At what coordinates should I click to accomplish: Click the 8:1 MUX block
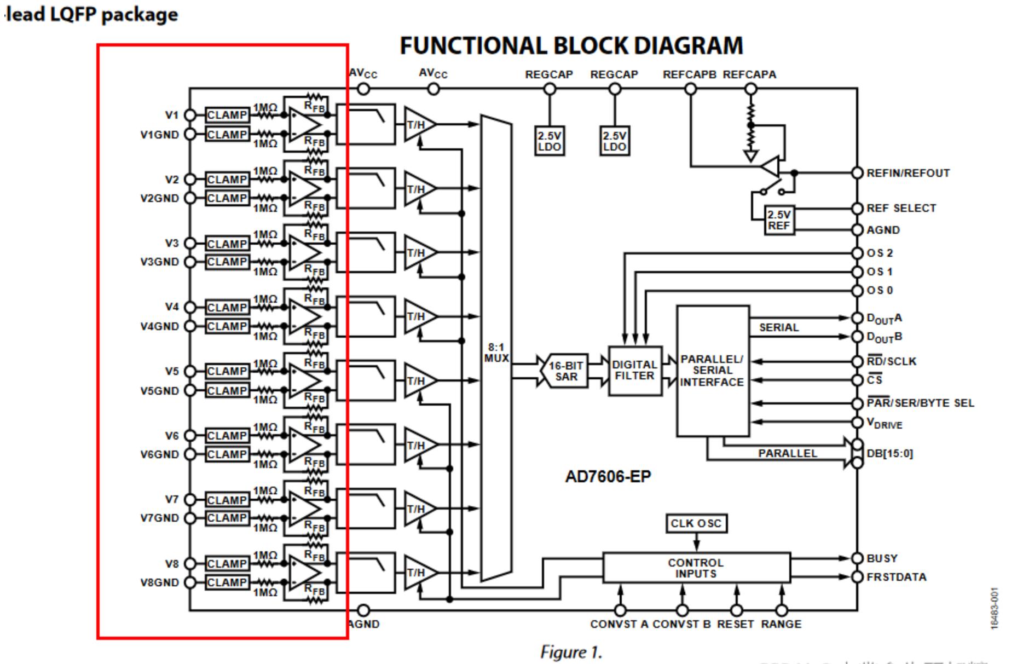496,350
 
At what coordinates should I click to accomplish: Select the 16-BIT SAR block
566,371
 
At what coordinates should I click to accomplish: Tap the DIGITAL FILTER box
635,371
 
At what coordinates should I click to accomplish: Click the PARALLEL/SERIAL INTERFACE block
712,371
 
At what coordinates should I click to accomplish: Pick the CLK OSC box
696,523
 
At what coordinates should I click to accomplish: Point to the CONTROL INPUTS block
696,568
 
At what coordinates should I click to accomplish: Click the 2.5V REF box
778,220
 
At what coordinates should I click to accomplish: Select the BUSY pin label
882,558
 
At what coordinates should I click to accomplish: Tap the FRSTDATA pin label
896,577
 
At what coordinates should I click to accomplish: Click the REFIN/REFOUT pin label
908,173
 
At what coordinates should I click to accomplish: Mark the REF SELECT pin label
901,209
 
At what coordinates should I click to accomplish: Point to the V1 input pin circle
190,115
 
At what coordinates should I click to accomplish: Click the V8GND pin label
159,582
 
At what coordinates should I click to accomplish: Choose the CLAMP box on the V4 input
227,308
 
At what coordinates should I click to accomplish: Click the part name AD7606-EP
608,477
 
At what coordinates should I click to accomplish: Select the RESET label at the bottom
735,624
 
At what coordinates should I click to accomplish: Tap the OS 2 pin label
880,253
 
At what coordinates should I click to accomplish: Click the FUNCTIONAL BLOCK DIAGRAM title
571,45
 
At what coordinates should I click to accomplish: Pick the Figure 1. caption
571,653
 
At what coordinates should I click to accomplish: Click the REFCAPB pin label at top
689,74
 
